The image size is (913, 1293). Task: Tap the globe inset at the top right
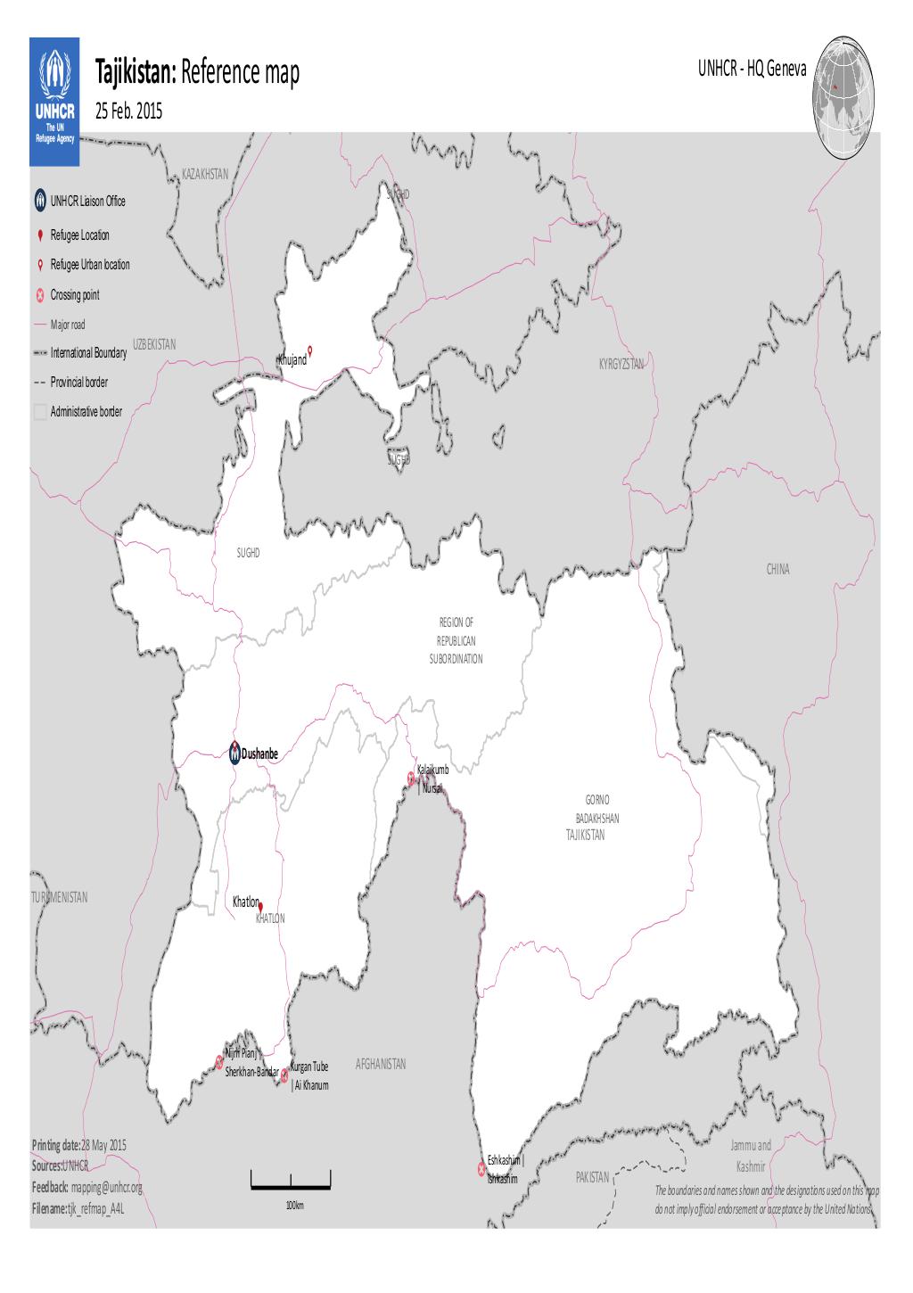click(x=843, y=98)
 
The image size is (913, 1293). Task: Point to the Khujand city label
click(x=292, y=359)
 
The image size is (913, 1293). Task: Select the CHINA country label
click(x=777, y=569)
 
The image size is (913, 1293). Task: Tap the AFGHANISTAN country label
click(x=381, y=1064)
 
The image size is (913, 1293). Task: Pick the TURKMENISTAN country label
click(x=59, y=897)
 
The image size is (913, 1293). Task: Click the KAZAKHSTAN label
click(x=205, y=173)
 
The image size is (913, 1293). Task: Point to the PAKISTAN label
click(x=592, y=1178)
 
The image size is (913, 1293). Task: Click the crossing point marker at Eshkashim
click(x=481, y=1168)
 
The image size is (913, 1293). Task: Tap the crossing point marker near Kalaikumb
click(x=411, y=777)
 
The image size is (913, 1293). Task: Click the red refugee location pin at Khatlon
click(x=260, y=906)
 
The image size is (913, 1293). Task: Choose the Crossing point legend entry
click(x=75, y=295)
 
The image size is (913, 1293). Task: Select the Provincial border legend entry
click(x=78, y=382)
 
